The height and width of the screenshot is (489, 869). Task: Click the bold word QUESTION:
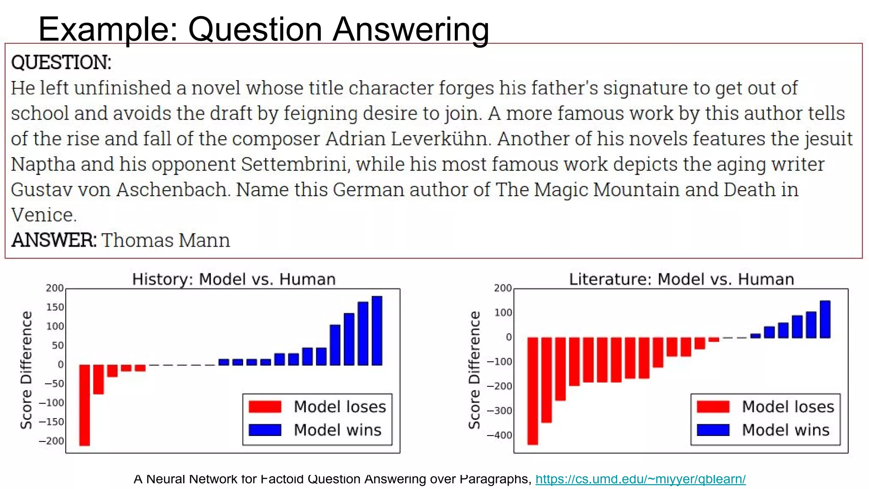pyautogui.click(x=61, y=62)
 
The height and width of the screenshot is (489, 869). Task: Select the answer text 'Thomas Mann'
pyautogui.click(x=165, y=240)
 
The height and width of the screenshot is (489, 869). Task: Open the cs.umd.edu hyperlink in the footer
pyautogui.click(x=640, y=479)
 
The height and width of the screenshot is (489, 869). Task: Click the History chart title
pyautogui.click(x=234, y=279)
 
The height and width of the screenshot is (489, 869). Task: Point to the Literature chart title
pyautogui.click(x=681, y=279)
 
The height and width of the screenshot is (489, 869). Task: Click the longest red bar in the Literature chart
pyautogui.click(x=533, y=391)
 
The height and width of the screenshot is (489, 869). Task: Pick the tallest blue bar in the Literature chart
pyautogui.click(x=825, y=319)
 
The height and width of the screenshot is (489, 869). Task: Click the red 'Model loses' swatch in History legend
pyautogui.click(x=265, y=407)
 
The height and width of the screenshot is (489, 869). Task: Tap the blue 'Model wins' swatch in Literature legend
pyautogui.click(x=713, y=430)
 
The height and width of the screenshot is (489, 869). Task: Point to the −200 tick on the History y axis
pyautogui.click(x=51, y=441)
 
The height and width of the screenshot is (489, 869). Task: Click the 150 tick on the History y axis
pyautogui.click(x=55, y=307)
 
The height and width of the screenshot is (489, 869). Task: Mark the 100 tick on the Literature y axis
pyautogui.click(x=503, y=313)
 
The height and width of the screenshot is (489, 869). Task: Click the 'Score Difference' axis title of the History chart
pyautogui.click(x=26, y=370)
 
